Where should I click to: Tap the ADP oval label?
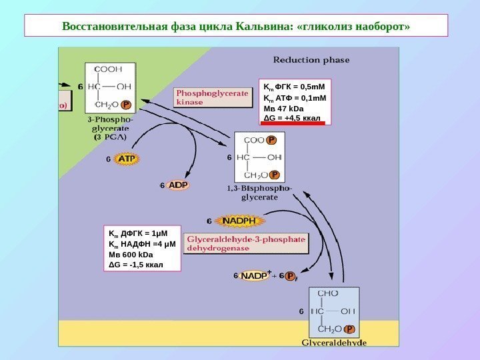click(178, 185)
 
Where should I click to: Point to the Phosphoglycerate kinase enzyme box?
click(212, 99)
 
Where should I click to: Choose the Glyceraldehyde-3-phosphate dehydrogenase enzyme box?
click(247, 243)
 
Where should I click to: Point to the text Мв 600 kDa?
click(131, 254)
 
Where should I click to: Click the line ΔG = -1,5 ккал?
click(135, 265)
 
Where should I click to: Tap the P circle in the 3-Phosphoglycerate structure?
click(127, 105)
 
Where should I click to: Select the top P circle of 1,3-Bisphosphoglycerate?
click(271, 140)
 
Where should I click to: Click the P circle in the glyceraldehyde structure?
click(350, 329)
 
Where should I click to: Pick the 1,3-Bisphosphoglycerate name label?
click(259, 193)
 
